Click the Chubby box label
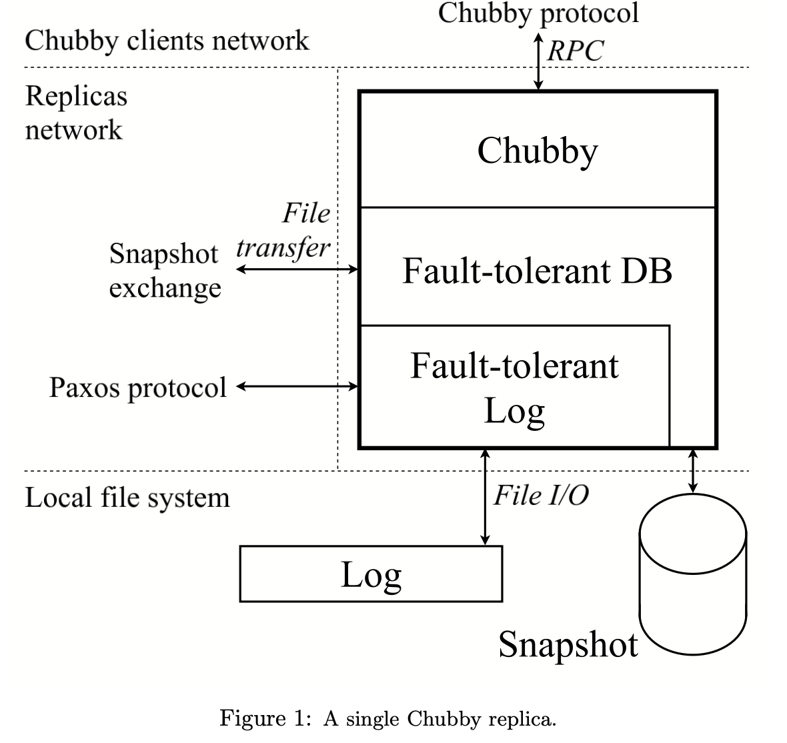538,150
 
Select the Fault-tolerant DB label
537,271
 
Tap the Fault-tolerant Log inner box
514,387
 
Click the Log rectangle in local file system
371,574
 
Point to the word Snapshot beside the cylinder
568,644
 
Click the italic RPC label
575,51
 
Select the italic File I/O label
541,496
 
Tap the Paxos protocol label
138,388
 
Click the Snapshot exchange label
164,271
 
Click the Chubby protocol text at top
538,13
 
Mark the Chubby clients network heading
167,41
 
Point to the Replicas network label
75,112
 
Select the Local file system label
127,498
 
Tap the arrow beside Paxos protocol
298,386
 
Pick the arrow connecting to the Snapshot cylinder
693,471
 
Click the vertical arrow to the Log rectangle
485,497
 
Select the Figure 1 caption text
387,719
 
